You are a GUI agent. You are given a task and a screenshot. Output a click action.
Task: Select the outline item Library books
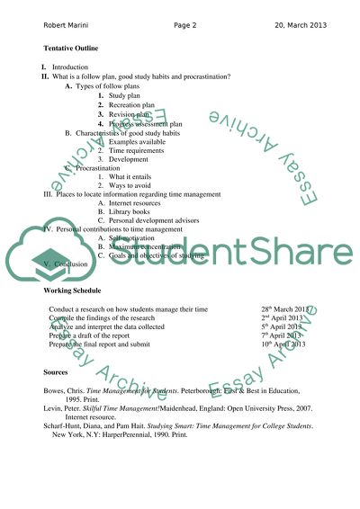(133, 212)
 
